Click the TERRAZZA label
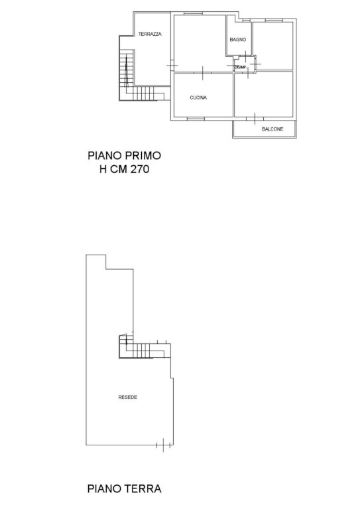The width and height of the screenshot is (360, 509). tap(150, 34)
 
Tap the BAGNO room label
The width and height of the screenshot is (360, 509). tap(237, 40)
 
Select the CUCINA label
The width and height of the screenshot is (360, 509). tap(198, 97)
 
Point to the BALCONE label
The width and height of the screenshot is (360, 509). tap(272, 129)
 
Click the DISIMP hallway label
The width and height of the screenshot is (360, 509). tap(240, 68)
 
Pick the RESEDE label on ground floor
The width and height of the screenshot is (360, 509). tap(127, 398)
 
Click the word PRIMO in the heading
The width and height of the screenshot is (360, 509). tap(143, 156)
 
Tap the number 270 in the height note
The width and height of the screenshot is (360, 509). tap(140, 169)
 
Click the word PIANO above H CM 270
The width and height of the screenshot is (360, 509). tap(105, 156)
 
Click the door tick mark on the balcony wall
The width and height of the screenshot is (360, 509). tap(255, 119)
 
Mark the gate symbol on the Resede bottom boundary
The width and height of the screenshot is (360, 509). tap(163, 445)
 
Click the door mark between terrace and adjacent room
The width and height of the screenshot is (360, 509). tap(172, 66)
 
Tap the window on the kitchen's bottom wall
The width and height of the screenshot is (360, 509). tap(196, 119)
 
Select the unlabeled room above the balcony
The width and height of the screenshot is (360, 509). tap(264, 94)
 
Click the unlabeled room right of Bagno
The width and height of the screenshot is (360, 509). tap(273, 46)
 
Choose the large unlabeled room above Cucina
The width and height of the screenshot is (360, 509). tap(200, 44)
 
